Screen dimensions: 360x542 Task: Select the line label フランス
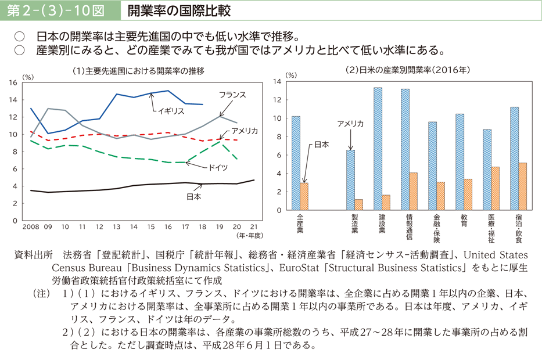point(232,94)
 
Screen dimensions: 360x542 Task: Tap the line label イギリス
point(170,111)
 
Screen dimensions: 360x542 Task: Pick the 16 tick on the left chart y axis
point(13,82)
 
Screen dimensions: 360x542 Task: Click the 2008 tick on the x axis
point(31,227)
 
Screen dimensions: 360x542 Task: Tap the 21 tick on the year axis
point(254,227)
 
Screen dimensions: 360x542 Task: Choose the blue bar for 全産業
point(296,163)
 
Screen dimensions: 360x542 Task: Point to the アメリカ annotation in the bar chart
point(350,124)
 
